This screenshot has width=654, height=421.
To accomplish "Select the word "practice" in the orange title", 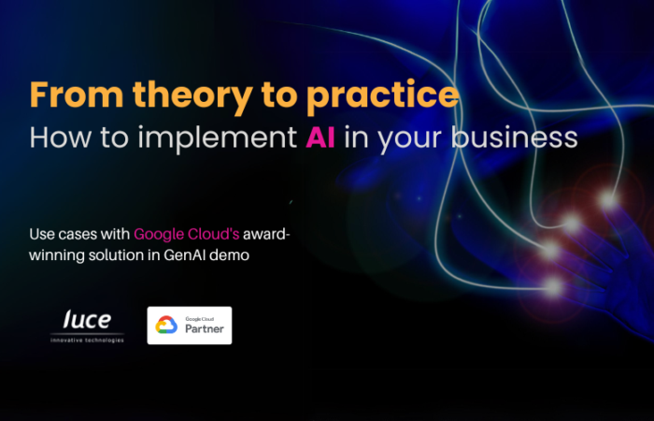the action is (x=383, y=97).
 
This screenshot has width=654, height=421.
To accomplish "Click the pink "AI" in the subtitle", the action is (x=320, y=137).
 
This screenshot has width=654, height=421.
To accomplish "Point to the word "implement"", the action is (x=218, y=139).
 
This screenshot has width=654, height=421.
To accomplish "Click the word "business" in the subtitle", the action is (x=514, y=137).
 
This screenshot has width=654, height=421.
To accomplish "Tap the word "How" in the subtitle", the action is (x=60, y=137).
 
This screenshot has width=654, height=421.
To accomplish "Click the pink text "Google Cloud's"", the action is (x=187, y=234).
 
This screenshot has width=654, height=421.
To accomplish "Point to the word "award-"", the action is (x=266, y=234).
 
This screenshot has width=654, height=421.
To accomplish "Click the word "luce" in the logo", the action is (x=87, y=320).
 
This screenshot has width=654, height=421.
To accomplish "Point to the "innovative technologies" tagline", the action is (x=87, y=341).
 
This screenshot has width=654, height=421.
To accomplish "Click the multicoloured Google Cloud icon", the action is (x=166, y=325).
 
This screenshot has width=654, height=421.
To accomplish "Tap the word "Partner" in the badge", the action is (x=205, y=328).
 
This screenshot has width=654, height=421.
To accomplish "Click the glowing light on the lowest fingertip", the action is (x=553, y=287).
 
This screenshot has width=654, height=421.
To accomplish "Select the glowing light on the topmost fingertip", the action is (x=608, y=200).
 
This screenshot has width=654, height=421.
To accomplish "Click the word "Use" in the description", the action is (x=42, y=234).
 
